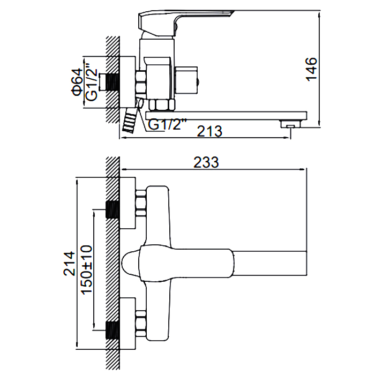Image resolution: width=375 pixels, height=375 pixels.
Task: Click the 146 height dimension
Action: tap(313, 69)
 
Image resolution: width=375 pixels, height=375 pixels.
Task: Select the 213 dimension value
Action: tap(211, 130)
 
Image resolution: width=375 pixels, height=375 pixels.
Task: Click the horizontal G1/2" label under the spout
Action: tap(167, 124)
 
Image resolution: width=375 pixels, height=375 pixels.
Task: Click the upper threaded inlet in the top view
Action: tap(112, 210)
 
